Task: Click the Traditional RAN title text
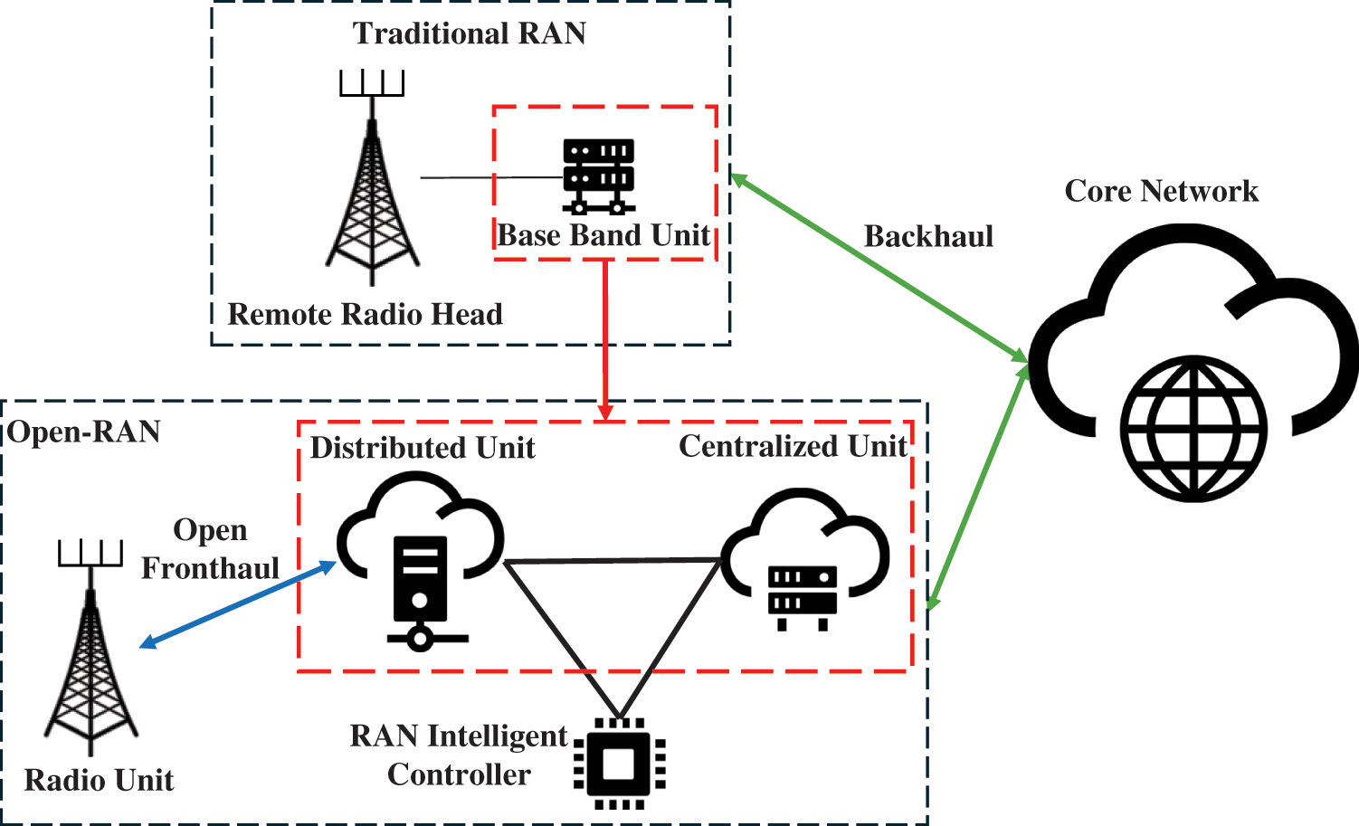tap(470, 33)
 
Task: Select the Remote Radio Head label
tap(365, 314)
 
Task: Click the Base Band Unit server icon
tap(598, 176)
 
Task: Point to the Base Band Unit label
tap(603, 235)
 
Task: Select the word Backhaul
tap(928, 236)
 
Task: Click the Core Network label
tap(1161, 191)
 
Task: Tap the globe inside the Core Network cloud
tap(1193, 428)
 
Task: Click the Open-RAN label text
tap(84, 432)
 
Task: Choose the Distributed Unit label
tap(423, 448)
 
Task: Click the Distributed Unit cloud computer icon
tap(420, 561)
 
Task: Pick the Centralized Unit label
tap(793, 446)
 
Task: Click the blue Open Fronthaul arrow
tap(238, 604)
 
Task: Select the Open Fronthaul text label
tap(210, 549)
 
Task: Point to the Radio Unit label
tap(99, 780)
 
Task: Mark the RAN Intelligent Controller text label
tap(459, 755)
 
